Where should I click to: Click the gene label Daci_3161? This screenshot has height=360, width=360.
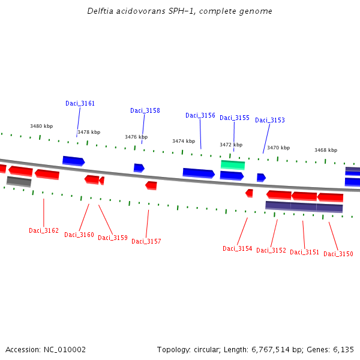pos(80,103)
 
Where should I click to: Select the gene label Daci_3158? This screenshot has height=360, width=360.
pos(145,110)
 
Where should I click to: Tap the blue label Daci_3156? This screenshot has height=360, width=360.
pos(200,115)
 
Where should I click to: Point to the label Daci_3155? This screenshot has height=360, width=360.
pos(234,118)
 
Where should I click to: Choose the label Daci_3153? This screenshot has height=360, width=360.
pos(269,120)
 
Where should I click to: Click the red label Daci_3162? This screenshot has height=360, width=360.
pos(43,230)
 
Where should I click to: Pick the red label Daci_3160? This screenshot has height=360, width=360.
pos(79,235)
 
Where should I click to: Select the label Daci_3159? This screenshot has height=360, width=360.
pos(112,238)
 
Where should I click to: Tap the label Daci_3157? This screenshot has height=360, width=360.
pos(146,241)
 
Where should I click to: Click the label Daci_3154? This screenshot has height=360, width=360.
pos(237,248)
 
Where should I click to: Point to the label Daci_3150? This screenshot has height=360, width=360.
pos(338,254)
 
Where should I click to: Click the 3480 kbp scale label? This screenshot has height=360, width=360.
pos(41,126)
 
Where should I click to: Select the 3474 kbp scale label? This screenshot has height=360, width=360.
pos(183,141)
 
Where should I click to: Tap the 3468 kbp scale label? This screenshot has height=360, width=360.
pos(325,150)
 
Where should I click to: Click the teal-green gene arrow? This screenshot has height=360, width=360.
pos(232,164)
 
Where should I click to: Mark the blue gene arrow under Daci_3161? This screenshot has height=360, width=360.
pos(73,160)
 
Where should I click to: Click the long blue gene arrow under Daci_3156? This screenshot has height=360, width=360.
pos(198,173)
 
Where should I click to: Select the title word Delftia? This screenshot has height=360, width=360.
pos(99,11)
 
